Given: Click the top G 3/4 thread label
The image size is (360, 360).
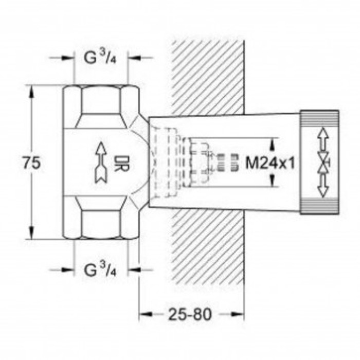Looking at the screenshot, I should pos(101,58).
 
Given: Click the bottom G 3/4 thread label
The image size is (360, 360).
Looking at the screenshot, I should pos(101,269).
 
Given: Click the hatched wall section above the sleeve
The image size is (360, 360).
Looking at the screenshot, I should pos(208,77).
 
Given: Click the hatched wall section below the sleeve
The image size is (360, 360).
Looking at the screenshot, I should pos(208,247).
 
